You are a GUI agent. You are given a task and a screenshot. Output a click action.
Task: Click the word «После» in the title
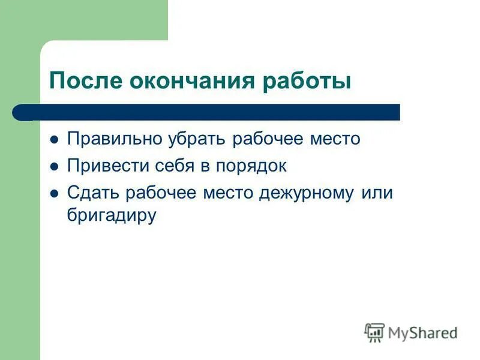point(85,81)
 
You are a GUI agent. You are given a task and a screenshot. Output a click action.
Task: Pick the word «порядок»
point(253,166)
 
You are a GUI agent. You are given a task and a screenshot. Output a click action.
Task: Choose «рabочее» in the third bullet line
point(154,193)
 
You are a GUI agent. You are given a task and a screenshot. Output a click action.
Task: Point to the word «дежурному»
point(307,193)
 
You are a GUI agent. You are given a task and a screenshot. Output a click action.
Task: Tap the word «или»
point(377,193)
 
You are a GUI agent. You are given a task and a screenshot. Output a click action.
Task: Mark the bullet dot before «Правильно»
point(54,140)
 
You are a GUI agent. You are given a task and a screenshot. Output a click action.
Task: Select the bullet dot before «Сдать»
point(54,194)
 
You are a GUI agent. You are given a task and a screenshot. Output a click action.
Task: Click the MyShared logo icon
point(374,332)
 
